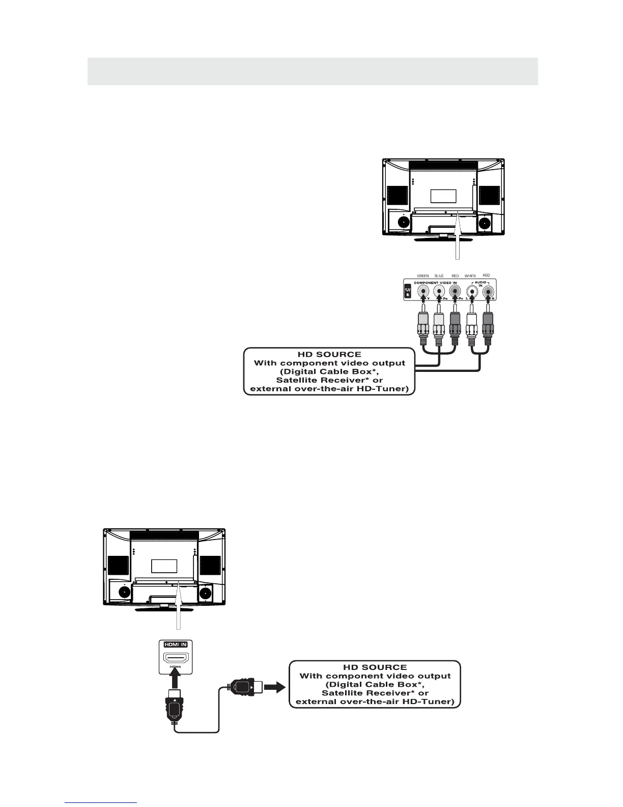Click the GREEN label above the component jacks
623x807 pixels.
pos(422,276)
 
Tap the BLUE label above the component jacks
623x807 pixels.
pos(439,276)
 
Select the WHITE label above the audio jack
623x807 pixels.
pos(470,276)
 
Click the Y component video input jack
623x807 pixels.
pos(423,292)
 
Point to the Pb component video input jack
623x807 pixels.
pos(439,292)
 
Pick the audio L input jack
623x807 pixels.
pos(473,292)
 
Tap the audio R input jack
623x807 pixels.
pos(488,292)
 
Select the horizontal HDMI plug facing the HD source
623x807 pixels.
pos(243,688)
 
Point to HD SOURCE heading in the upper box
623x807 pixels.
pos(329,354)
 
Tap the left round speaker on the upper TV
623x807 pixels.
pos(403,222)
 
